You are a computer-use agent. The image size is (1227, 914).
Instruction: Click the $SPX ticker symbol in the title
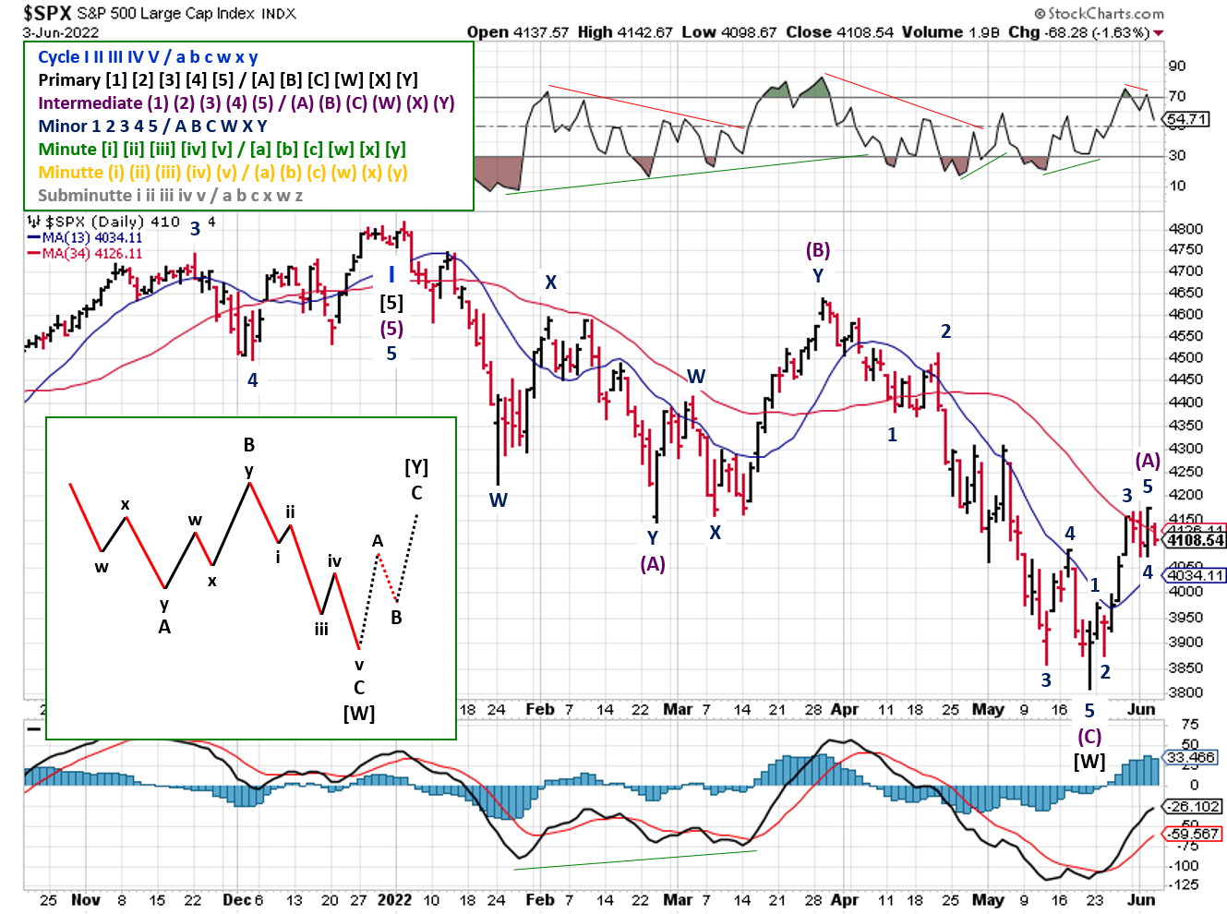point(47,13)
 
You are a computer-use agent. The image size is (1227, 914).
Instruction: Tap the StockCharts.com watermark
point(1099,14)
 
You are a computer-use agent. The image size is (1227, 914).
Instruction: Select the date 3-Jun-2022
point(61,32)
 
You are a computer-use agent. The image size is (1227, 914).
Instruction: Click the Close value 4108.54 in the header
point(865,32)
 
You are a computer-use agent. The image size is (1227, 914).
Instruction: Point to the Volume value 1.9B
point(986,32)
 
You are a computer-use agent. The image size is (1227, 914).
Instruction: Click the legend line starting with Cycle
point(148,57)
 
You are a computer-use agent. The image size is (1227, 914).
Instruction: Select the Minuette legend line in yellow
point(223,173)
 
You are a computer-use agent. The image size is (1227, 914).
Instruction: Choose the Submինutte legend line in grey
point(170,196)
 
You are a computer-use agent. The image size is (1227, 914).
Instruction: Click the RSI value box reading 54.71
point(1186,119)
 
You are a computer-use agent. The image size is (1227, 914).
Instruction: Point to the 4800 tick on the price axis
point(1185,229)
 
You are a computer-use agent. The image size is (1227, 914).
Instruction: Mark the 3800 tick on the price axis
point(1185,692)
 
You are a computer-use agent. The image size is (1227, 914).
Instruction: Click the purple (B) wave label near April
point(818,250)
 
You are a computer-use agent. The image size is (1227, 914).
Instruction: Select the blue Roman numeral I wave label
point(391,274)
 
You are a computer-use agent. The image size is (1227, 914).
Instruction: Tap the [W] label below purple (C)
point(1089,762)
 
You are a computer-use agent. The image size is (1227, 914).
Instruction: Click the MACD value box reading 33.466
point(1190,758)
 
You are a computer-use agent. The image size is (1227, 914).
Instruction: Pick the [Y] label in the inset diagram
point(416,468)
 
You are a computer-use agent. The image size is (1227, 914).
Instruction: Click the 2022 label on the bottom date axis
point(394,899)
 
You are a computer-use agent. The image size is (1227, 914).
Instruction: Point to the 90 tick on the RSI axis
point(1177,66)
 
